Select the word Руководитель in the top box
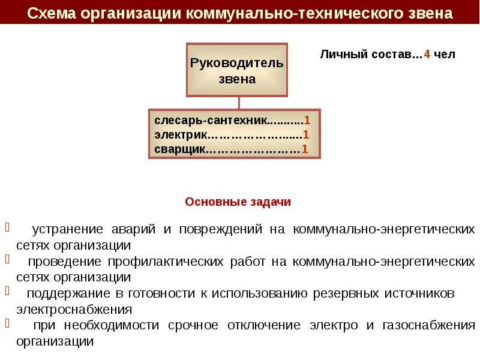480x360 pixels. (x=236, y=63)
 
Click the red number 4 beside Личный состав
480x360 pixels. (x=427, y=54)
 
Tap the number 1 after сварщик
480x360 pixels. (x=305, y=149)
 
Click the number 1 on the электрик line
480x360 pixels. (x=306, y=134)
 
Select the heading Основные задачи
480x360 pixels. (x=238, y=202)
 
